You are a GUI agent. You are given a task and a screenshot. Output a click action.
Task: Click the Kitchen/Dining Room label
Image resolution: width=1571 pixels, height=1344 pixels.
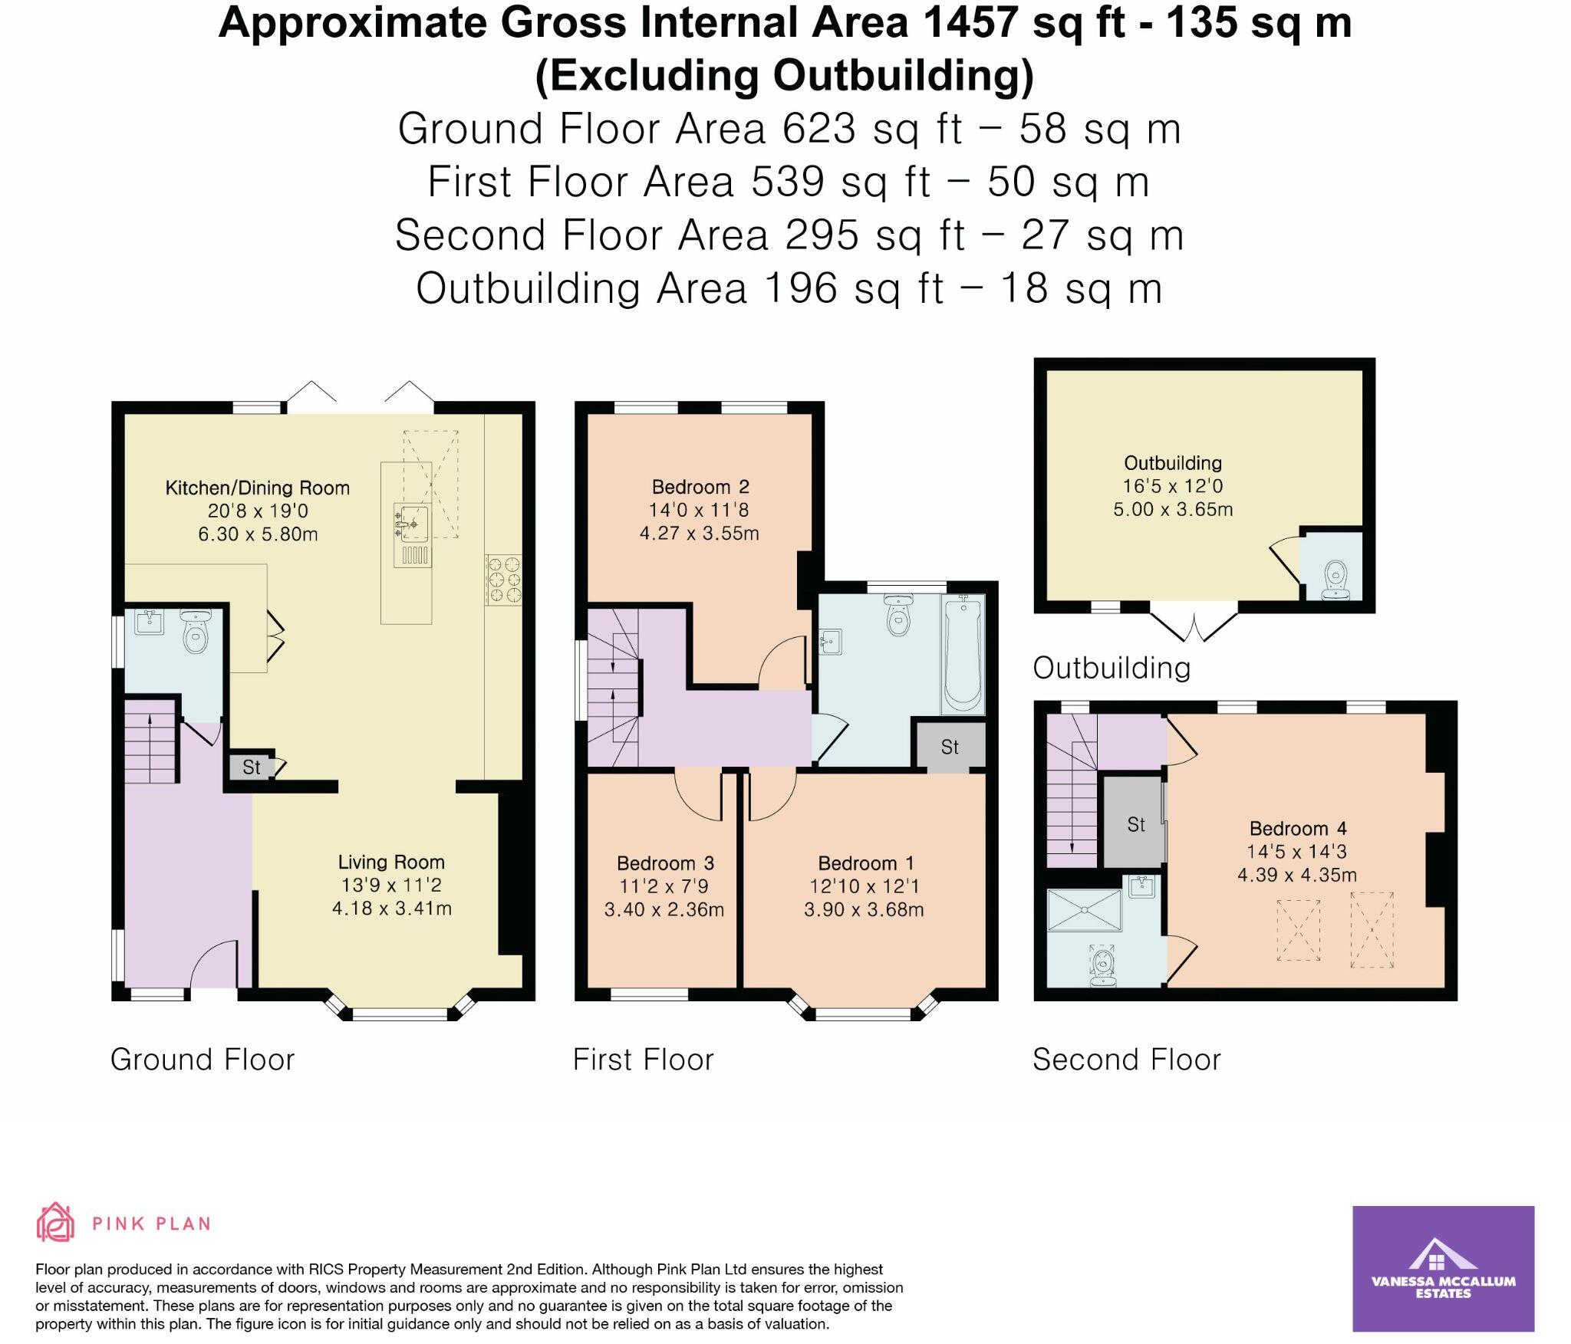click(258, 488)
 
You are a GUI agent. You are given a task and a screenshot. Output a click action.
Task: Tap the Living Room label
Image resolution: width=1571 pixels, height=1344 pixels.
click(391, 863)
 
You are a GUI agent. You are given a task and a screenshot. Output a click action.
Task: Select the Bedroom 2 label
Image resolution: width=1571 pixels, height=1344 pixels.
click(700, 487)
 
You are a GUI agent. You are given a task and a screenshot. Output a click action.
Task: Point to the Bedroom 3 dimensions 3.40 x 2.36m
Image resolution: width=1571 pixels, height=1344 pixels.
click(664, 910)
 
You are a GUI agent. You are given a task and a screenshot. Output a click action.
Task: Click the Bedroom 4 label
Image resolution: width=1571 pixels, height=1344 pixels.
click(1298, 829)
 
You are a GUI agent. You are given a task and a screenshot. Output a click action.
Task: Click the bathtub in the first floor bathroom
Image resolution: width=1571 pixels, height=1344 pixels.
click(962, 655)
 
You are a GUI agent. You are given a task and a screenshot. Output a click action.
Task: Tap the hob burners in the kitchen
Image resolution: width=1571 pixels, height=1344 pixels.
click(504, 579)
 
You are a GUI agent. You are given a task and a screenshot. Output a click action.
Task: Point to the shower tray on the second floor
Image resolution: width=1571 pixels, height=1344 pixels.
click(1084, 910)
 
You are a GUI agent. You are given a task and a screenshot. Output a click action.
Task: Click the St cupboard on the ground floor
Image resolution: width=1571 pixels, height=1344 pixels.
click(252, 767)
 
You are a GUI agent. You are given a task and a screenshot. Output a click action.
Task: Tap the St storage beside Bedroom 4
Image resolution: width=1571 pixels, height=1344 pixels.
click(1135, 824)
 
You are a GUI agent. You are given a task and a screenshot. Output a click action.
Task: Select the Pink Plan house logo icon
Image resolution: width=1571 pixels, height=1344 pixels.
click(56, 1223)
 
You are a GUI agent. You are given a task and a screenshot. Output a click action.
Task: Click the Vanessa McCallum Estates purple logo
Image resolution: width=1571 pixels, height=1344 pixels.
click(1443, 1268)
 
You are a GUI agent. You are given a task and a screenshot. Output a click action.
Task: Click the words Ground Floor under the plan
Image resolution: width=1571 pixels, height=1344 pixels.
click(203, 1060)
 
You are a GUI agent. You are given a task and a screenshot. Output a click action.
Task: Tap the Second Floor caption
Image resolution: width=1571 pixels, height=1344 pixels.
click(1126, 1060)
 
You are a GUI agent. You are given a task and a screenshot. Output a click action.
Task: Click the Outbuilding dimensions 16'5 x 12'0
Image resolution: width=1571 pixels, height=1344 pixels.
click(1173, 486)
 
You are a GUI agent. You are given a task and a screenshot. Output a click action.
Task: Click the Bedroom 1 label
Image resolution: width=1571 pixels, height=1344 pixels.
click(866, 863)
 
